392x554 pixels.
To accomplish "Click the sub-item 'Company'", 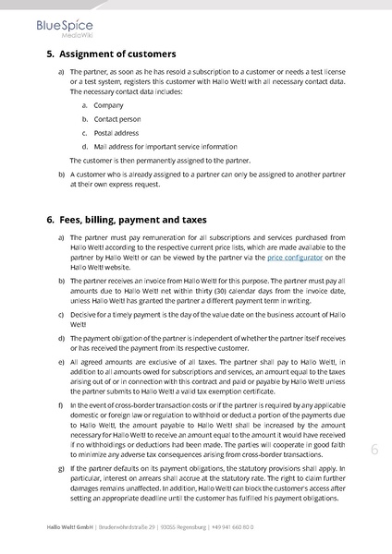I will tap(108, 105).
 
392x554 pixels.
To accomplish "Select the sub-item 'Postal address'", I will tap(116, 132).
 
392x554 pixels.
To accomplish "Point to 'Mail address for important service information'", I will tap(158, 146).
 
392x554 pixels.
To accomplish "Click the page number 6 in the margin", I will tap(374, 450).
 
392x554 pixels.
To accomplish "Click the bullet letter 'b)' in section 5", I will tap(62, 174).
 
